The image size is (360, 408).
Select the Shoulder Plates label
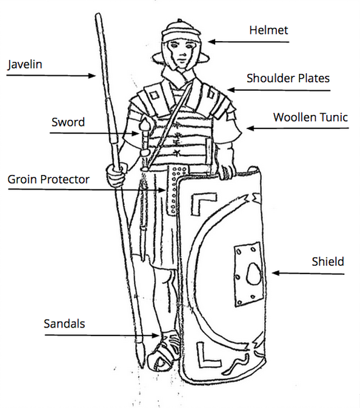pos(288,78)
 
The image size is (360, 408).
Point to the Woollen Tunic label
pos(310,117)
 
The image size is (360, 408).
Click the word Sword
pos(68,122)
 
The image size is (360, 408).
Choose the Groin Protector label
pos(48,179)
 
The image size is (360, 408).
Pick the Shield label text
pos(328,262)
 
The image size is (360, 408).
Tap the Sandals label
pos(64,324)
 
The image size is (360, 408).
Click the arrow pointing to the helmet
pos(248,42)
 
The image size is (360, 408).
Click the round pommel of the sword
pos(145,125)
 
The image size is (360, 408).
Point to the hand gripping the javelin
pos(116,176)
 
